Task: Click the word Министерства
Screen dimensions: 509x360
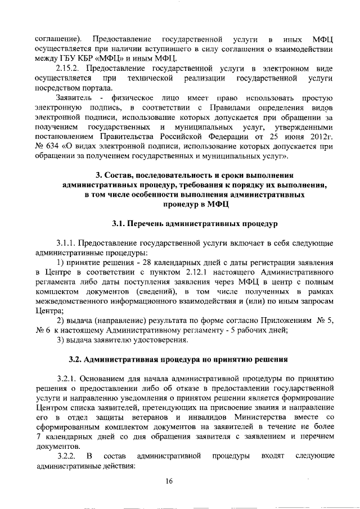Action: click(263, 417)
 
